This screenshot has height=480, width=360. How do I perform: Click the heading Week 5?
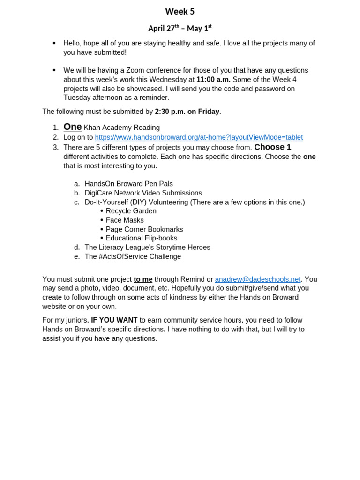180,12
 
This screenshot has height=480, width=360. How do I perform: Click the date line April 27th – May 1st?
180,29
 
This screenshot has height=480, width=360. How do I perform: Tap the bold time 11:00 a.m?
213,80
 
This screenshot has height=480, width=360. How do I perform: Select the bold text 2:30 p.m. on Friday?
187,112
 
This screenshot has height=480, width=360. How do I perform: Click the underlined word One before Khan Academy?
72,127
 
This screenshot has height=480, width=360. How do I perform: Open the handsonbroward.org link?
199,137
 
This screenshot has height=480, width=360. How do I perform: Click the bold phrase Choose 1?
272,147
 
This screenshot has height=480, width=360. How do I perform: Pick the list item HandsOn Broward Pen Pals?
128,184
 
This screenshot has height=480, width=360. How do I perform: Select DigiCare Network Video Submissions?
143,193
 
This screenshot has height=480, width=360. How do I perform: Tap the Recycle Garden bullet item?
131,211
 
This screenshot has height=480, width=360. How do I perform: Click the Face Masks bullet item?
125,220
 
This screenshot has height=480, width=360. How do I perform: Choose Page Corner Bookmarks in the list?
144,229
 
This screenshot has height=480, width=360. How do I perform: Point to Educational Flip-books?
142,238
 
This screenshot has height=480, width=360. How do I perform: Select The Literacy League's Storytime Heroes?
147,247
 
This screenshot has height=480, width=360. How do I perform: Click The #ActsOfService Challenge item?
133,256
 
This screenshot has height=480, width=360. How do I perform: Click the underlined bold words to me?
143,279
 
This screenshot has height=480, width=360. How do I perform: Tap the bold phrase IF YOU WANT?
114,320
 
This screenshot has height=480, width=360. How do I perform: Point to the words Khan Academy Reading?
121,127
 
